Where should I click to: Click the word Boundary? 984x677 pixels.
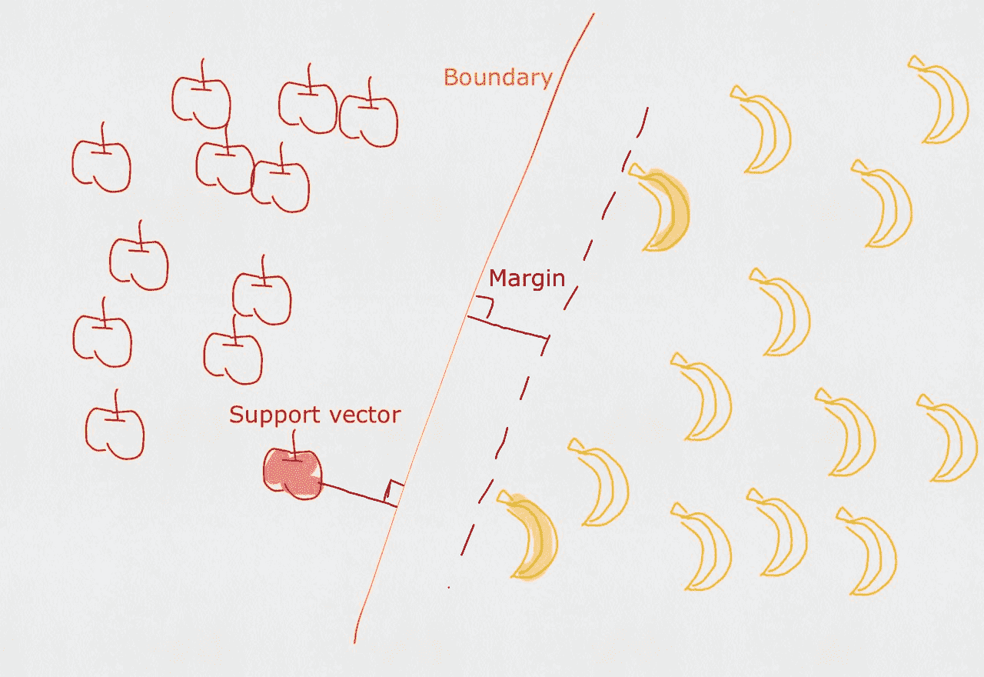pyautogui.click(x=497, y=78)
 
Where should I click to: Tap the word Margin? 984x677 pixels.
pyautogui.click(x=527, y=278)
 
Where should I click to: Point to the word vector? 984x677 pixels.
pyautogui.click(x=362, y=415)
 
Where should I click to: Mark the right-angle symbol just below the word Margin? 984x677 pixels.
pyautogui.click(x=483, y=306)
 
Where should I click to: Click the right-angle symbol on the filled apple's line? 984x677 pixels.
pyautogui.click(x=394, y=490)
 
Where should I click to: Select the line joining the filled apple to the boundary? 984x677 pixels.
pyautogui.click(x=354, y=493)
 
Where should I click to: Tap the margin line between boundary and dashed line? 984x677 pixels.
pyautogui.click(x=507, y=327)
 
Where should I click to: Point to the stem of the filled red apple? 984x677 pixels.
pyautogui.click(x=294, y=445)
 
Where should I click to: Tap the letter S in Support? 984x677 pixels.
pyautogui.click(x=236, y=415)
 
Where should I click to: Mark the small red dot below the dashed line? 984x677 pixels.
pyautogui.click(x=449, y=588)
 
